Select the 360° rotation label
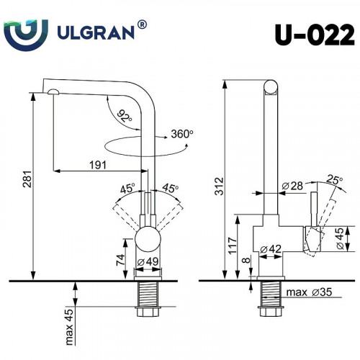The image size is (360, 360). tap(183, 133)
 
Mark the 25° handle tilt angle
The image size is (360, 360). tap(333, 179)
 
